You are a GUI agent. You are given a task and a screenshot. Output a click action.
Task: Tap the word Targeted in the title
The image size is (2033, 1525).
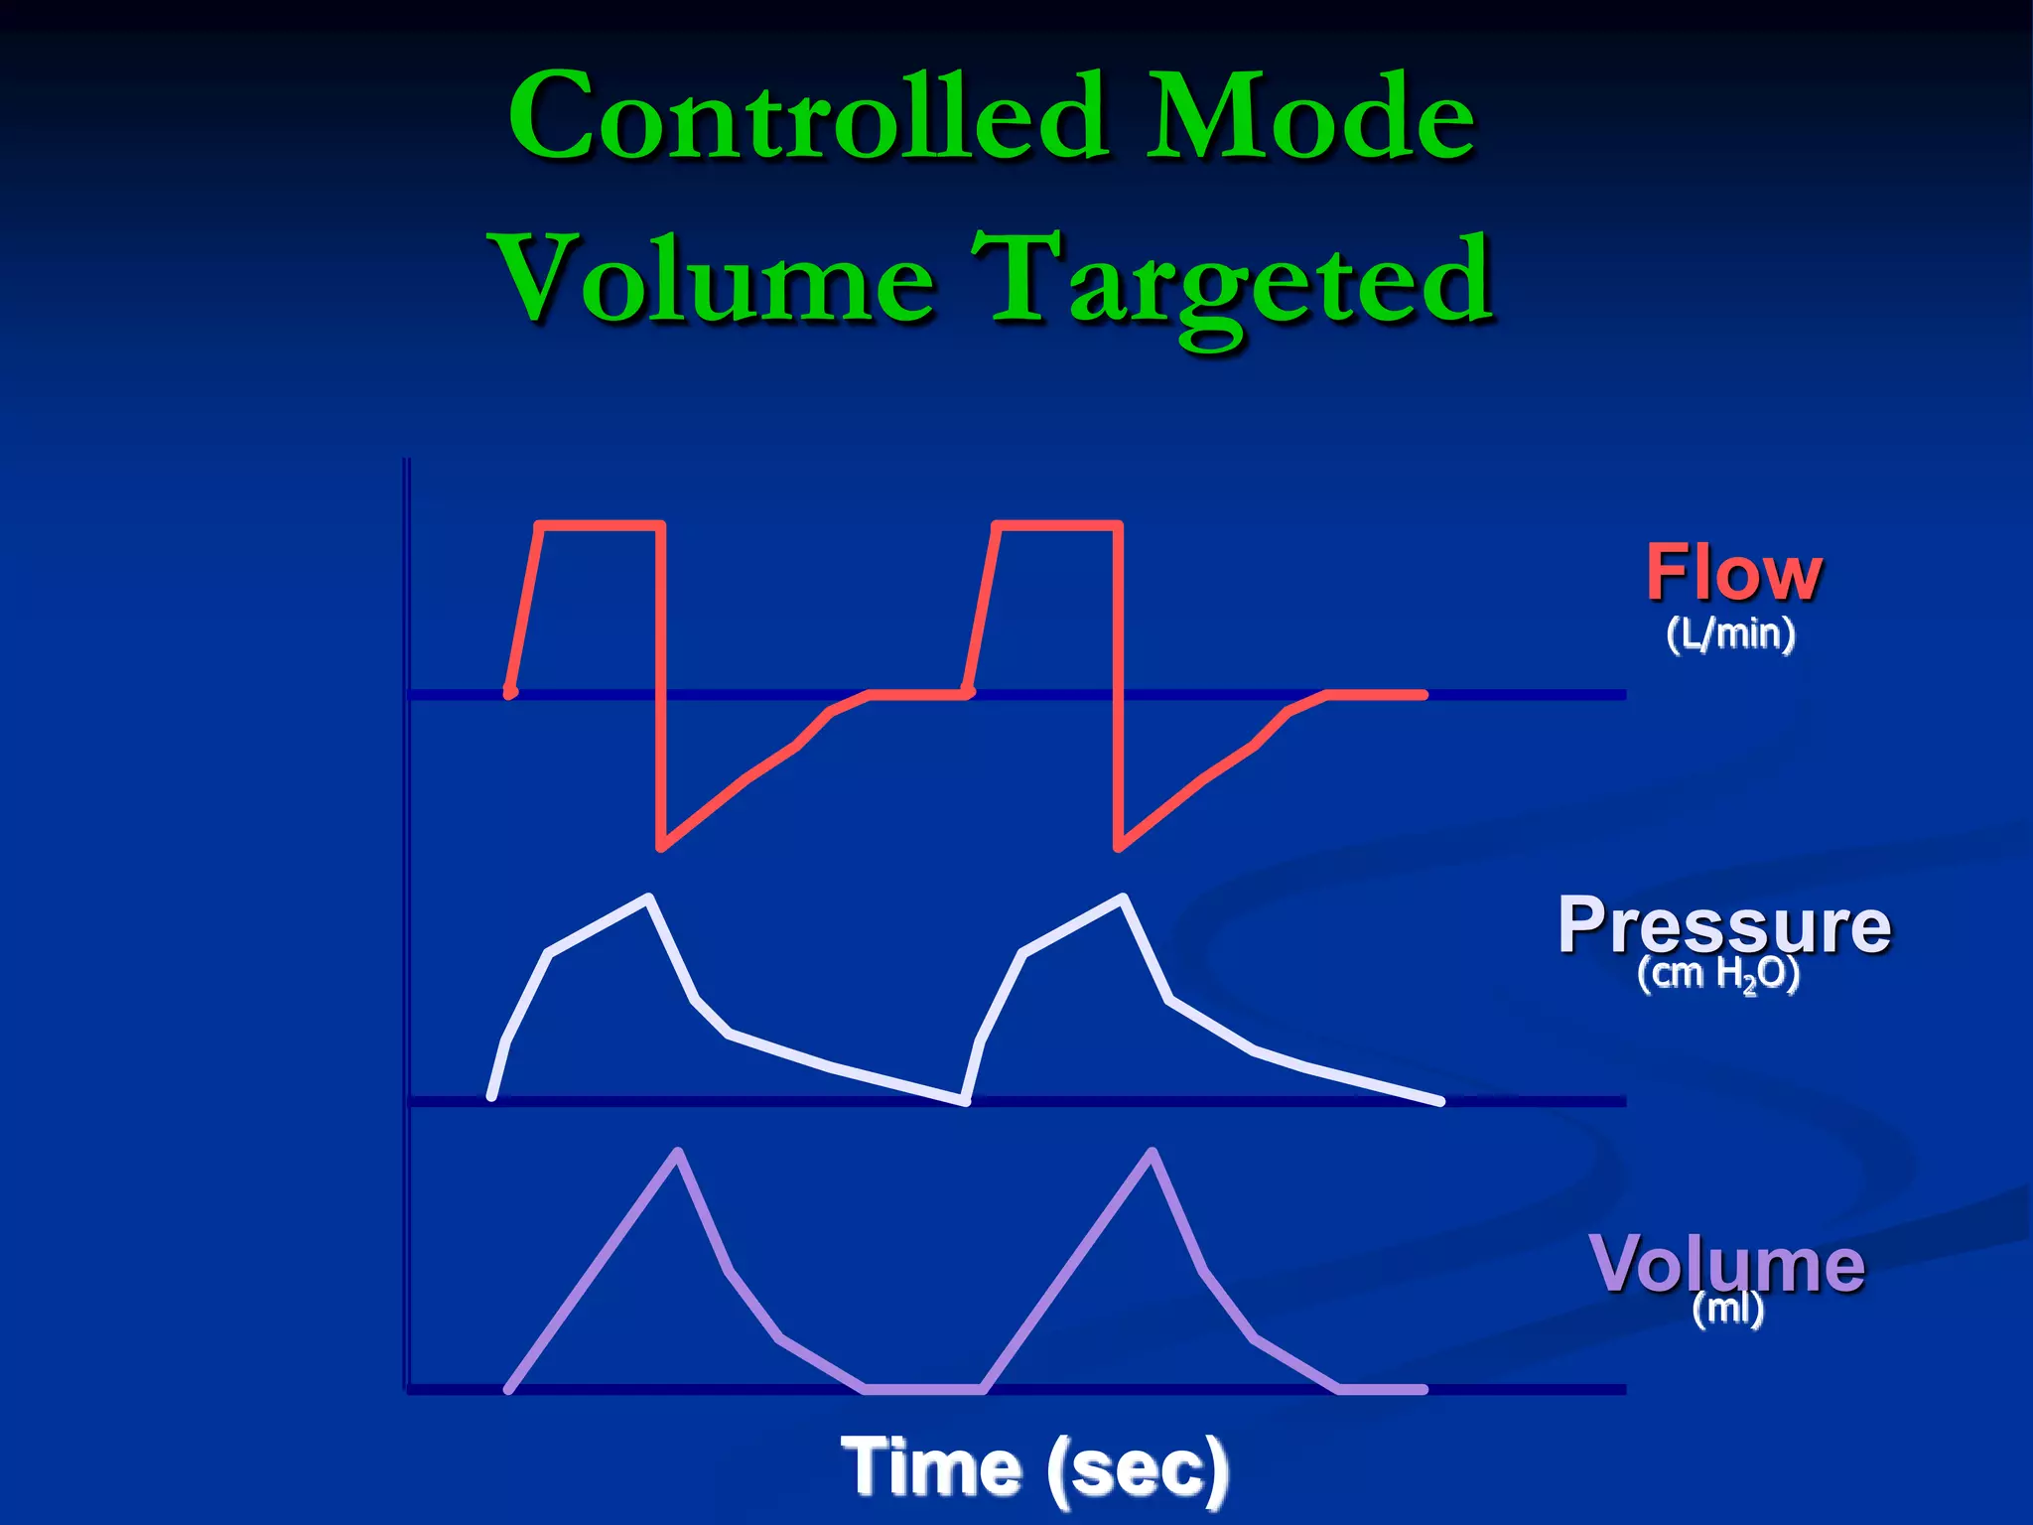1232,283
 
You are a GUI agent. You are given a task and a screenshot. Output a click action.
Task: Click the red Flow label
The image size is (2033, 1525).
1733,573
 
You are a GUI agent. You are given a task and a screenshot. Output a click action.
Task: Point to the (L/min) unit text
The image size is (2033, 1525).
1730,633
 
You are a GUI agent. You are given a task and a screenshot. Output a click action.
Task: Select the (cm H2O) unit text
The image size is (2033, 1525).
1717,974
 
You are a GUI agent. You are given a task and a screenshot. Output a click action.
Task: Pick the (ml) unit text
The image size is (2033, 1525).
1727,1309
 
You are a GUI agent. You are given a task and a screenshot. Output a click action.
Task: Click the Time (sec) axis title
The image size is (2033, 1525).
1034,1467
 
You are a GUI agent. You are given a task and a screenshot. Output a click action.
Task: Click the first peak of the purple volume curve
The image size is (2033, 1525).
678,1152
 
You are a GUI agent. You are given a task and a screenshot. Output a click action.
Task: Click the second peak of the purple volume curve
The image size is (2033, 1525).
1152,1152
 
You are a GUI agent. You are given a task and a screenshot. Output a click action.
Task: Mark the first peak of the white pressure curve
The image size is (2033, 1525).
648,898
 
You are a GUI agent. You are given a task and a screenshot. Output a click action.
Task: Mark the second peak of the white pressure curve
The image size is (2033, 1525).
1123,898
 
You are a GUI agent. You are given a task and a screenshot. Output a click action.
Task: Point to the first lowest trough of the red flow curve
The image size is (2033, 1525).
661,847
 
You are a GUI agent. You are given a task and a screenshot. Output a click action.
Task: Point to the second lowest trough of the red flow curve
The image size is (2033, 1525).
1119,847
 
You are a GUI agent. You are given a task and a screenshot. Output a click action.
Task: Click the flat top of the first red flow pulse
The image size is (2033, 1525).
600,523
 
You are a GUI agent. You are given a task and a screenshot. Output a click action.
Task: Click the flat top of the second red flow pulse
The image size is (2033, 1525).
1058,523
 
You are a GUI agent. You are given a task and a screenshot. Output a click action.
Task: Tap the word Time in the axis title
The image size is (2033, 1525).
932,1467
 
